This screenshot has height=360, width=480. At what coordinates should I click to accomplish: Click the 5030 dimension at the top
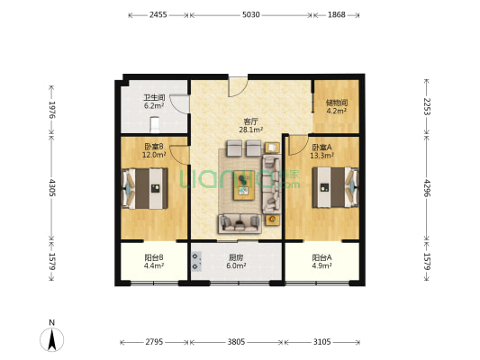(x=251, y=14)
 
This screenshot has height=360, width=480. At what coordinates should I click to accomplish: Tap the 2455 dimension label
(x=158, y=14)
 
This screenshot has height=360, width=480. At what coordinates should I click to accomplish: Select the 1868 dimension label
(x=337, y=14)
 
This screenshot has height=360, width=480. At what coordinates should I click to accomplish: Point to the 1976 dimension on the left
(x=51, y=110)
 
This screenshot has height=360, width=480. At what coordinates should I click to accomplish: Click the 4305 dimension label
(x=51, y=187)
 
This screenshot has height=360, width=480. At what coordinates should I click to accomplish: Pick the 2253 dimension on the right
(x=427, y=106)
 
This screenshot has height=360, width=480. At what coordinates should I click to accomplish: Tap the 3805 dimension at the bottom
(x=236, y=342)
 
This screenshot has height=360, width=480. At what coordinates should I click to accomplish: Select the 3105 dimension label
(x=322, y=342)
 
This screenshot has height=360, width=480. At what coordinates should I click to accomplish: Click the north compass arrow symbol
(x=52, y=339)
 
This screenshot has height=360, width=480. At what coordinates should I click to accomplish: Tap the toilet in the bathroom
(x=155, y=125)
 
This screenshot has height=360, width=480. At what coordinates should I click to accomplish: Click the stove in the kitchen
(x=196, y=262)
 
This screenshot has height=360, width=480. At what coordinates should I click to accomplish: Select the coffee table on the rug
(x=244, y=185)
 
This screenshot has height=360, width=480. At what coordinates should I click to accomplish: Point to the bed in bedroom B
(x=145, y=188)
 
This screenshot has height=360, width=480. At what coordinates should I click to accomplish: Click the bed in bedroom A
(x=335, y=187)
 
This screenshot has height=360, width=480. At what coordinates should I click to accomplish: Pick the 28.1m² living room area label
(x=250, y=130)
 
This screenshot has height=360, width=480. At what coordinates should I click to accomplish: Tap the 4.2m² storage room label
(x=337, y=111)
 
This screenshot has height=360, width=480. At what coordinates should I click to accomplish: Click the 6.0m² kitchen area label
(x=236, y=265)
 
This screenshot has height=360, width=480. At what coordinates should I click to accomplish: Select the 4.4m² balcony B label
(x=154, y=265)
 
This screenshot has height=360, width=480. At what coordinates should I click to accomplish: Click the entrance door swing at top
(x=238, y=87)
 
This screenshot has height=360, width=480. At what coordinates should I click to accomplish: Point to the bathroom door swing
(x=180, y=104)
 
